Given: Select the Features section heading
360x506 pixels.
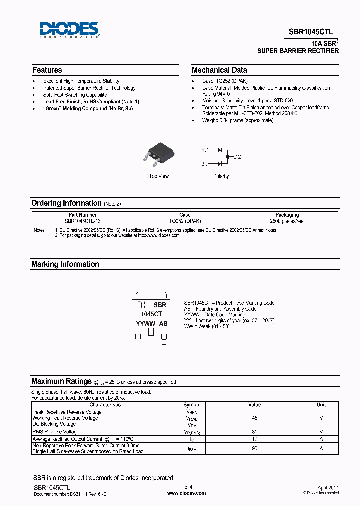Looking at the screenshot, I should (x=47, y=70).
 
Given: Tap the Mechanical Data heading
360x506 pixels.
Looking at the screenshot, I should (x=219, y=70).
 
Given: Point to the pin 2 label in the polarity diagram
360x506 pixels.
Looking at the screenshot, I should (x=237, y=157).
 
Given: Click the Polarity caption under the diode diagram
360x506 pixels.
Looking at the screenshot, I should (x=221, y=176).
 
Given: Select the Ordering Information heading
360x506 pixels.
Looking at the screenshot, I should (x=66, y=203).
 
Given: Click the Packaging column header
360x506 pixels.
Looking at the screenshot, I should (x=287, y=215).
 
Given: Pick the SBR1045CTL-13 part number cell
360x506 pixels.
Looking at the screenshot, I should (x=83, y=220).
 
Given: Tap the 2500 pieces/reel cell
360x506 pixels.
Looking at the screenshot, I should (x=287, y=220).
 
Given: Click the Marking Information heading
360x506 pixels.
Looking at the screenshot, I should (x=65, y=264).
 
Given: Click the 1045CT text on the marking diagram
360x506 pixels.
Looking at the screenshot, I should (x=151, y=314).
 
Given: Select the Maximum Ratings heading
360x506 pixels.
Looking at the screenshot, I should (x=61, y=381).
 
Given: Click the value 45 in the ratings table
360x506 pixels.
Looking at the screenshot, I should (x=255, y=418).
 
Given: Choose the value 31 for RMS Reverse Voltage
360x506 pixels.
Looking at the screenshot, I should (x=255, y=432).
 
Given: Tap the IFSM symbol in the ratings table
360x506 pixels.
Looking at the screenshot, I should (x=192, y=449).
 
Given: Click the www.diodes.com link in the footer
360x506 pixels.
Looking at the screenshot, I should (x=186, y=493).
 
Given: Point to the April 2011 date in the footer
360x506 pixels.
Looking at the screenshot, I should (x=328, y=487).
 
